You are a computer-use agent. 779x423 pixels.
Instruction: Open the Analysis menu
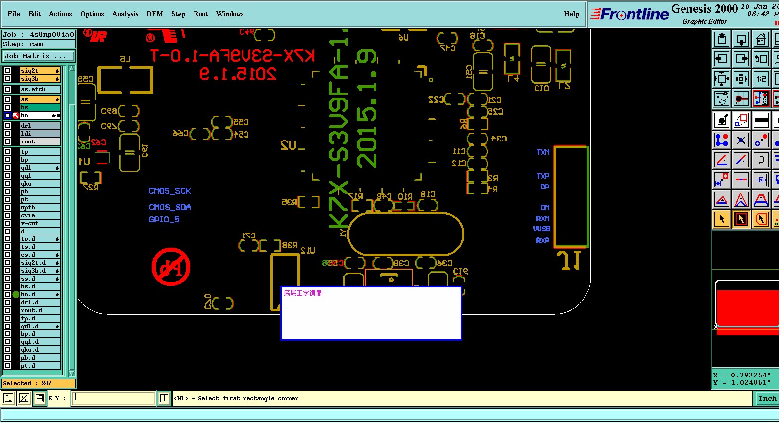[x=125, y=14]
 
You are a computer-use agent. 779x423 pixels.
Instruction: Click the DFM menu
[x=154, y=14]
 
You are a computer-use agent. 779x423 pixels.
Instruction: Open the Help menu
[x=571, y=14]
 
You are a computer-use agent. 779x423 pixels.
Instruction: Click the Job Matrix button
[x=38, y=56]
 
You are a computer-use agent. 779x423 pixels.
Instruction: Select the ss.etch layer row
[x=40, y=89]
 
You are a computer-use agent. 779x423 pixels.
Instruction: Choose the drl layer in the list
[x=40, y=126]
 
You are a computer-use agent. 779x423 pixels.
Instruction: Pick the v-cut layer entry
[x=40, y=223]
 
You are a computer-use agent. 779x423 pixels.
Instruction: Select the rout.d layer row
[x=40, y=310]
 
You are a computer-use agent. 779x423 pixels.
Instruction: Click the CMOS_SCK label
[x=169, y=191]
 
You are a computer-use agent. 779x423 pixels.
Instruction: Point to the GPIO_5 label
[x=164, y=219]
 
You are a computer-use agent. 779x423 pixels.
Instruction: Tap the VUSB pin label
[x=541, y=229]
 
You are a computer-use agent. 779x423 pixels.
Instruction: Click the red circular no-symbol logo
[x=171, y=267]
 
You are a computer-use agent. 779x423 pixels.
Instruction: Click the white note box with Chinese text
[x=371, y=314]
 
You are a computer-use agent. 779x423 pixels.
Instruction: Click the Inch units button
[x=767, y=398]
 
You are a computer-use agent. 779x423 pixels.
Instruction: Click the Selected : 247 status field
[x=38, y=383]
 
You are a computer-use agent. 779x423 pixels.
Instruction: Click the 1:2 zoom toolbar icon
[x=761, y=78]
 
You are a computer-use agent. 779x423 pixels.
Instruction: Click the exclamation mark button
[x=164, y=398]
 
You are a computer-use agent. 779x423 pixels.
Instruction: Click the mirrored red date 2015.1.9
[x=237, y=74]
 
